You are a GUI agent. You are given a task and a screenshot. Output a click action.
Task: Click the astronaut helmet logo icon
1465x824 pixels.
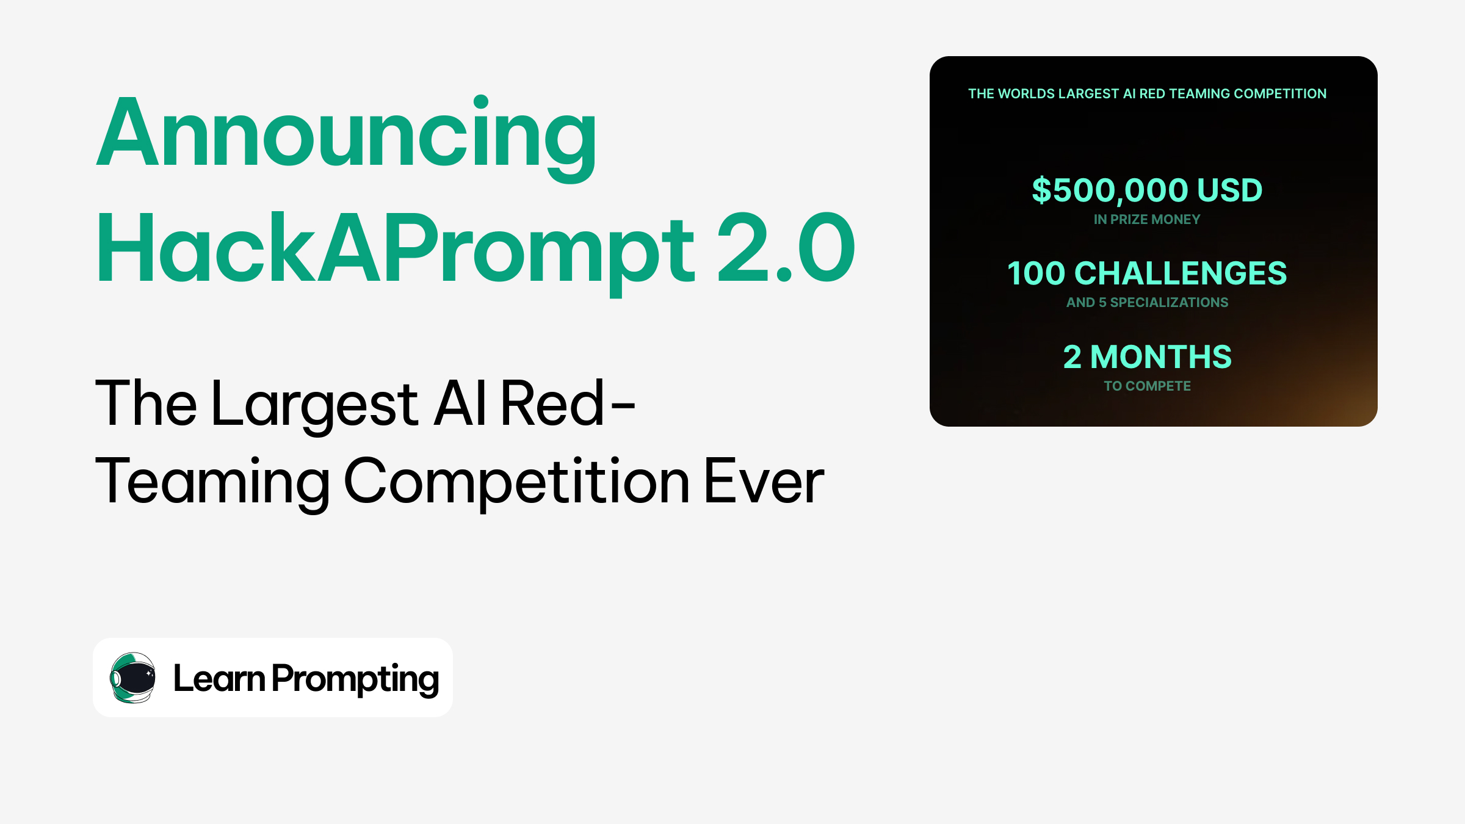click(132, 678)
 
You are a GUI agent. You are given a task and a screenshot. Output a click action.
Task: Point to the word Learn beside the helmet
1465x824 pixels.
click(219, 678)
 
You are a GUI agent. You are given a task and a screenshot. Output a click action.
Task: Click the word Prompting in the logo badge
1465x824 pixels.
click(355, 679)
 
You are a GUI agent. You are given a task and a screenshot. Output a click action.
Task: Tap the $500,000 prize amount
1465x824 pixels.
click(1110, 190)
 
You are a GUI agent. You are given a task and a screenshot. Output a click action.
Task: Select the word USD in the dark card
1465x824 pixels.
click(1229, 190)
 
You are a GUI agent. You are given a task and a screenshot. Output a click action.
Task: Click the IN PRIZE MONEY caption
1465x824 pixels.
click(1147, 220)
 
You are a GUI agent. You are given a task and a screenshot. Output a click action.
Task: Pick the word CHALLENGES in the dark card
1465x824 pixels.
click(1180, 273)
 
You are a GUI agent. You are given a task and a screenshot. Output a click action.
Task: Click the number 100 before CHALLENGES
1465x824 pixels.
click(1036, 273)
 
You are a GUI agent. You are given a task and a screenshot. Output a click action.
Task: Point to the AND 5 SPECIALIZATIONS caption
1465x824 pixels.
click(1147, 303)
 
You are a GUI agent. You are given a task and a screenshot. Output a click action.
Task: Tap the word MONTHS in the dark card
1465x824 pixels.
click(1160, 357)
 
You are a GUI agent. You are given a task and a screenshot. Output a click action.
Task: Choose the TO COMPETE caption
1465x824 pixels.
click(1147, 386)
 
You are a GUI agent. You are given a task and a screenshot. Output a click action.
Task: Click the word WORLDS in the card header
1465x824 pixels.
click(1026, 94)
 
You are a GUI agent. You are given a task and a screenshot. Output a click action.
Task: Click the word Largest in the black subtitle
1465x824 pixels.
click(315, 404)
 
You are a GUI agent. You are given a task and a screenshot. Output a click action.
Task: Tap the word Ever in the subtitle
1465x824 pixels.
click(764, 482)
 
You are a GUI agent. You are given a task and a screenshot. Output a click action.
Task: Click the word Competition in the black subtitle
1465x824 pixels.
click(517, 482)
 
